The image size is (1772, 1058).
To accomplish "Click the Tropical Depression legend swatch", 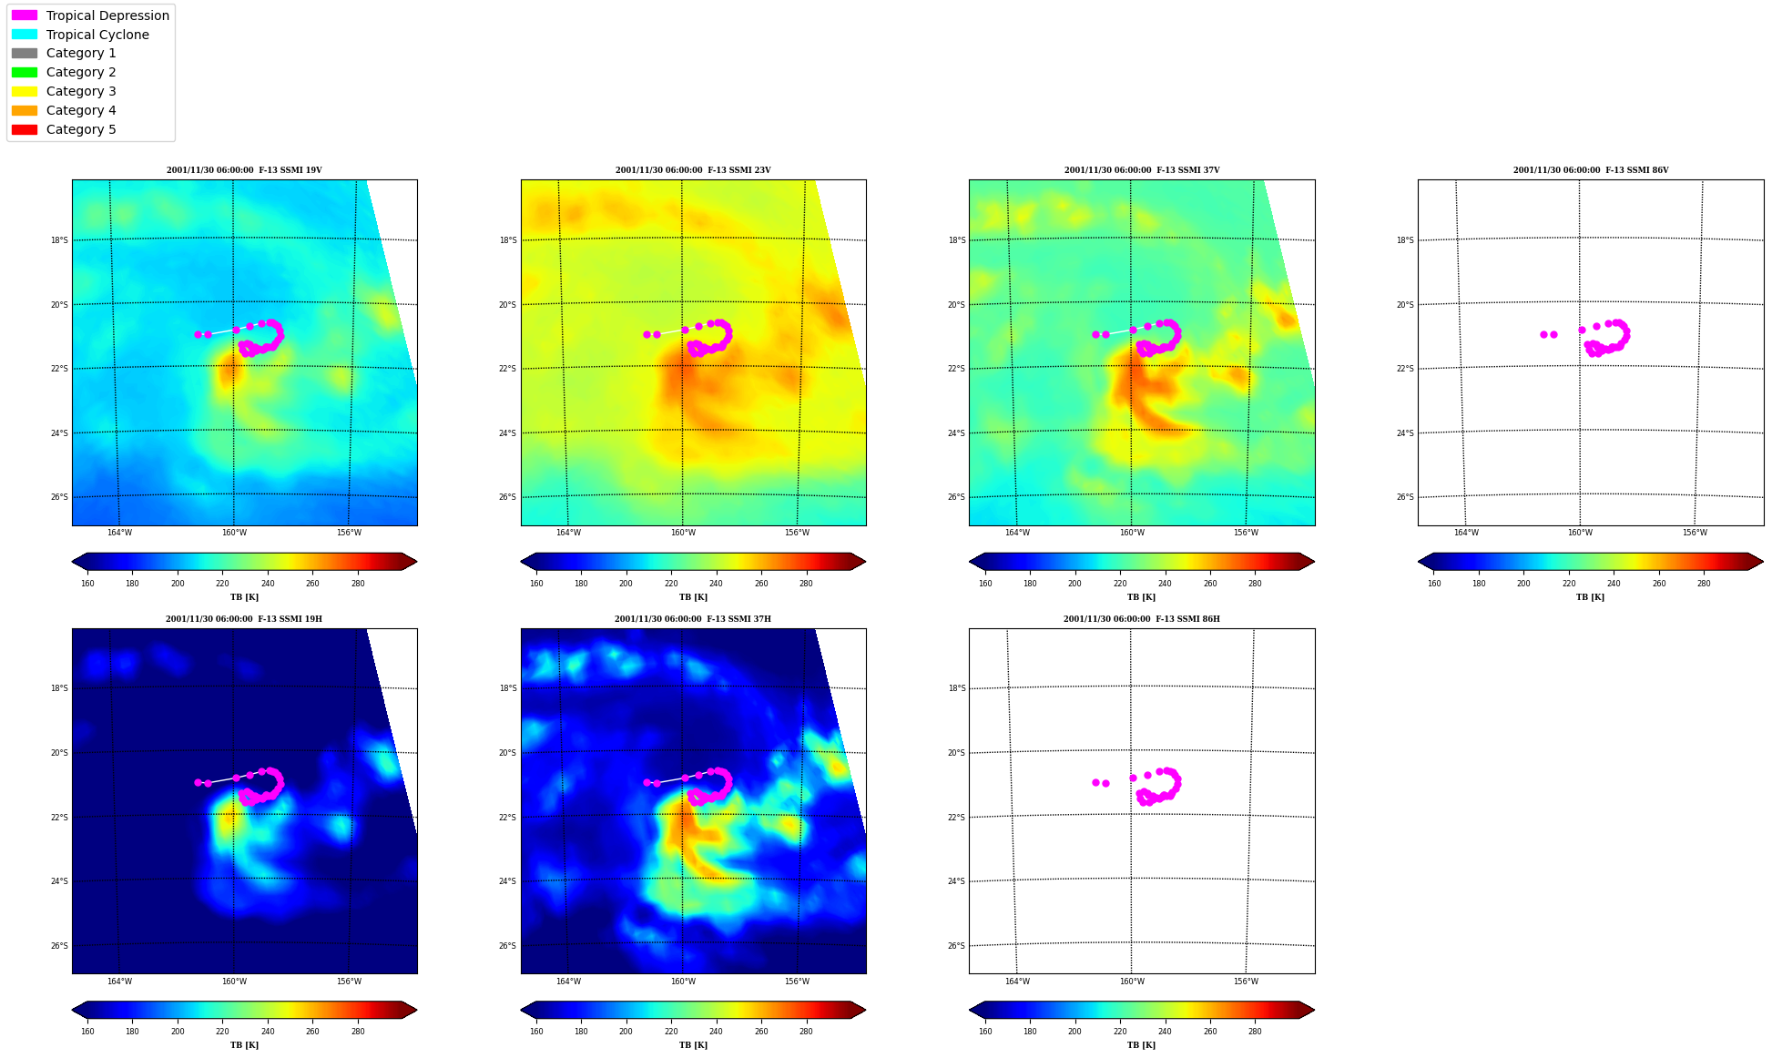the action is click(x=25, y=15).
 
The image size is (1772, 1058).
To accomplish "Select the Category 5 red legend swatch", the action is click(x=25, y=129).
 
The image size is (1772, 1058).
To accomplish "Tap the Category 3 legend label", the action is click(x=81, y=91).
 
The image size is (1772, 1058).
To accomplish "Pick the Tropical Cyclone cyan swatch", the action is click(x=25, y=35).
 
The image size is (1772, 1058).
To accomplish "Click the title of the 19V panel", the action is click(x=244, y=170).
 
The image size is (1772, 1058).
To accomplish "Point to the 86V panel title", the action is click(x=1591, y=170).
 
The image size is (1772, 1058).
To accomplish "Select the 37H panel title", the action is click(x=693, y=619).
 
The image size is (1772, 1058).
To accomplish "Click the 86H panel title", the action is click(x=1142, y=619).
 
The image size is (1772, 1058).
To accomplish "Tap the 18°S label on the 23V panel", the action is click(x=508, y=240).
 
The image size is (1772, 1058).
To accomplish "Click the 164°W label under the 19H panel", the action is click(x=119, y=982).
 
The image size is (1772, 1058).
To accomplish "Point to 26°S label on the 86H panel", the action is click(x=956, y=946).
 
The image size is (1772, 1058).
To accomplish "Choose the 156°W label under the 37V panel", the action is click(x=1246, y=533).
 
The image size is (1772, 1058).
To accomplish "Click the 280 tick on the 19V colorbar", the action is click(x=358, y=584).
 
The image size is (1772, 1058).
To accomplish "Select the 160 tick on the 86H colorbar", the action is click(x=985, y=1032).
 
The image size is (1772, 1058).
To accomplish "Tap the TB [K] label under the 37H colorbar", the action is click(x=693, y=1045).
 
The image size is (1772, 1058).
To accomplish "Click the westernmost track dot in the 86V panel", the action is click(x=1543, y=334).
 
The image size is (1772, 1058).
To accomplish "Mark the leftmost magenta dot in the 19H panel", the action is click(x=198, y=782).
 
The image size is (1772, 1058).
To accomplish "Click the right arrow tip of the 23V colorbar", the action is click(x=865, y=562).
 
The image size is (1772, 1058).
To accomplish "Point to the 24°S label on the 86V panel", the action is click(x=1405, y=433).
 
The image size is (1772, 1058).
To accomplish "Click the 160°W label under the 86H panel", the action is click(x=1132, y=982).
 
